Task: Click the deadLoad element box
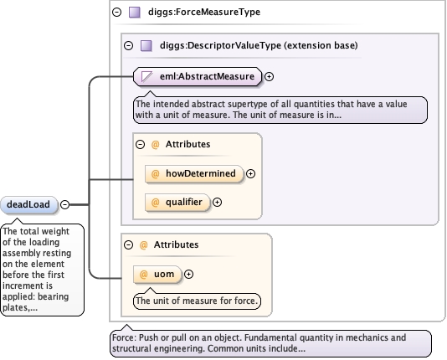point(28,204)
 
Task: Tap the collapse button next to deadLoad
point(65,204)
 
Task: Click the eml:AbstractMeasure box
point(198,76)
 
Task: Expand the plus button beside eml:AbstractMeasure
point(269,76)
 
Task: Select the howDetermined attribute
point(194,173)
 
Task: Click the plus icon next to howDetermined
point(250,173)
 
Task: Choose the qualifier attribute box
point(177,202)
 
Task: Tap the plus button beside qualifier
point(218,202)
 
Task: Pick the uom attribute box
point(157,275)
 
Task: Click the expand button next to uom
point(188,275)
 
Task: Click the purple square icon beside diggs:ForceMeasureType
point(135,13)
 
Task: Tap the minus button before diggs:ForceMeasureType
point(117,13)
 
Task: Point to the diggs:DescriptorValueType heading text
point(259,45)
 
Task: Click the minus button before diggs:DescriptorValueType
point(129,45)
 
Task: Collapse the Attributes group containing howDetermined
point(141,144)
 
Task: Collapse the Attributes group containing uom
point(129,244)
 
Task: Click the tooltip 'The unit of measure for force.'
point(197,301)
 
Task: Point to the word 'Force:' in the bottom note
point(124,337)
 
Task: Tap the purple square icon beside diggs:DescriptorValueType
point(146,45)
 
